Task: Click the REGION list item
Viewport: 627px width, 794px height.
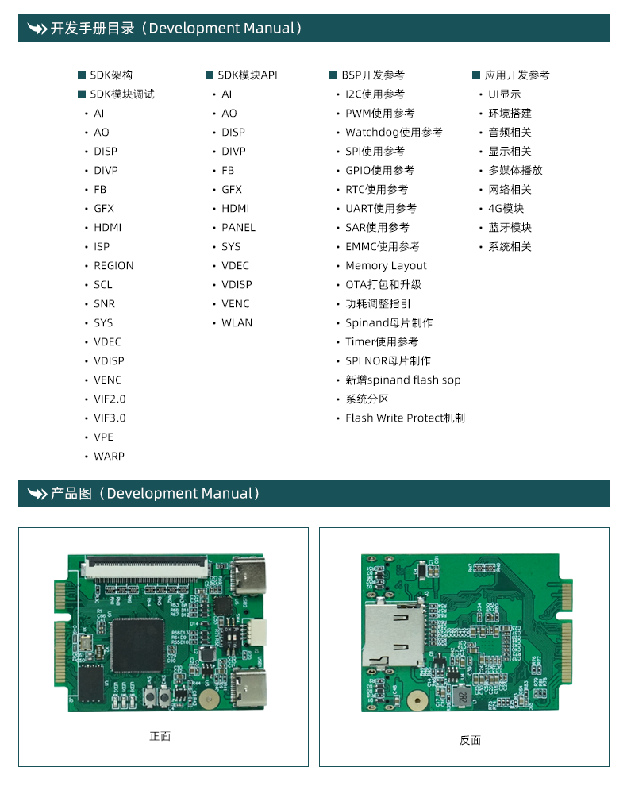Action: (113, 266)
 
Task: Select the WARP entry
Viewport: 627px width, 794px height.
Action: (109, 457)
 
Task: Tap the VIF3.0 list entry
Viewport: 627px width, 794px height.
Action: (110, 418)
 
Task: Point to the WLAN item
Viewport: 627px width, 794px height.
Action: (237, 323)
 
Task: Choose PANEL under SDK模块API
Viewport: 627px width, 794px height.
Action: (238, 228)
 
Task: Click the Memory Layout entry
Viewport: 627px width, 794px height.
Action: (386, 266)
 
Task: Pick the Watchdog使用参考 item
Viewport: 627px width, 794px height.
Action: (394, 133)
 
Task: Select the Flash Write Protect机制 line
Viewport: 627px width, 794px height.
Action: (405, 418)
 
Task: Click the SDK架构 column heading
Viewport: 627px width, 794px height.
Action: (111, 75)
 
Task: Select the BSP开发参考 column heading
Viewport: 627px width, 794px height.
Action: (373, 75)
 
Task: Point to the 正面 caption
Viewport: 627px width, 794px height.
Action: (160, 737)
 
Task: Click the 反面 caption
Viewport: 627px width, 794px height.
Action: (470, 740)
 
